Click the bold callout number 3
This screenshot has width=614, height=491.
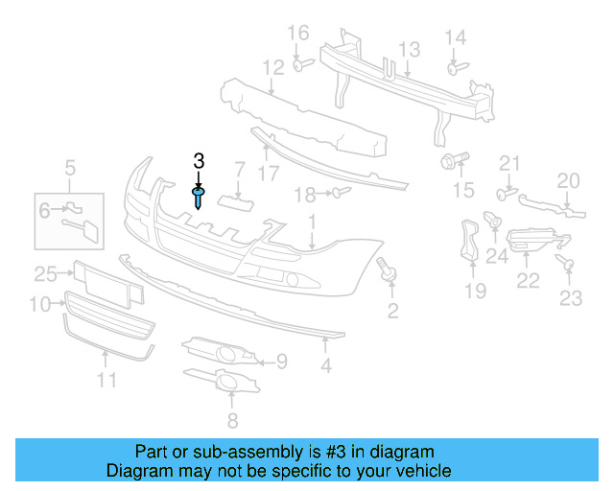(x=200, y=161)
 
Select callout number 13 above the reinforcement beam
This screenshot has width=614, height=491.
(x=410, y=49)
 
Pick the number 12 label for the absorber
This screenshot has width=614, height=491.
(x=273, y=68)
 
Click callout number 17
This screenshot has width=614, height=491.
(x=269, y=174)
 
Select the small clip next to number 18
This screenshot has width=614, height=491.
(x=340, y=194)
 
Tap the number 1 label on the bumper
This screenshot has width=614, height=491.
(x=312, y=223)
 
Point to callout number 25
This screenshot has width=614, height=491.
(x=46, y=274)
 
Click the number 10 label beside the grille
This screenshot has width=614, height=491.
(x=39, y=305)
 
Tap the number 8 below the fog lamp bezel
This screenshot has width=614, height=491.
(x=231, y=420)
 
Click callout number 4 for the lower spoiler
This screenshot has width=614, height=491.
(x=326, y=365)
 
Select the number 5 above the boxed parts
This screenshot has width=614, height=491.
(x=70, y=171)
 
